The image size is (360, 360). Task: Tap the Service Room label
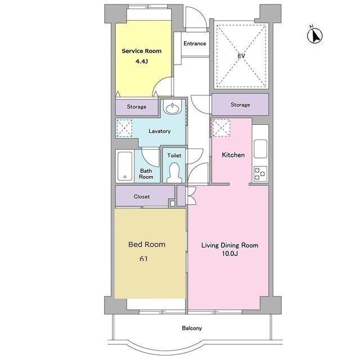click(x=141, y=51)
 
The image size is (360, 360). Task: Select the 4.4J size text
click(x=141, y=61)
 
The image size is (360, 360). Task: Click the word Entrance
click(x=195, y=43)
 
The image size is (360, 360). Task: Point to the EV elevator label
click(x=241, y=56)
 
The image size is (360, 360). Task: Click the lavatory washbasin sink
click(x=173, y=109)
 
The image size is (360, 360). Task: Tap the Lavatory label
click(x=159, y=131)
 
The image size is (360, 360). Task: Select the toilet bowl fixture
click(x=174, y=173)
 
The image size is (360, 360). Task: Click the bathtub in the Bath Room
click(x=125, y=166)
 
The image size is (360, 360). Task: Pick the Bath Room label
click(x=146, y=174)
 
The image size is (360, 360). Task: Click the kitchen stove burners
click(x=260, y=173)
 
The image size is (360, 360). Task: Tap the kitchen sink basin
click(x=260, y=148)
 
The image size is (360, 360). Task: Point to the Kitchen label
click(x=233, y=155)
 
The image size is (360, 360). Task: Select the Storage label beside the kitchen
click(x=240, y=105)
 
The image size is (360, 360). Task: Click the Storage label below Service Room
click(x=136, y=107)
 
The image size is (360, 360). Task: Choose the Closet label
click(x=142, y=196)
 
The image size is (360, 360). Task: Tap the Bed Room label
click(x=147, y=244)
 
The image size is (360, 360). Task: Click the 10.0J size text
click(x=229, y=254)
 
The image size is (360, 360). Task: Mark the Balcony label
click(x=192, y=328)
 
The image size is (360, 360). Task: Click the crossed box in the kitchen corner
click(x=221, y=128)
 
